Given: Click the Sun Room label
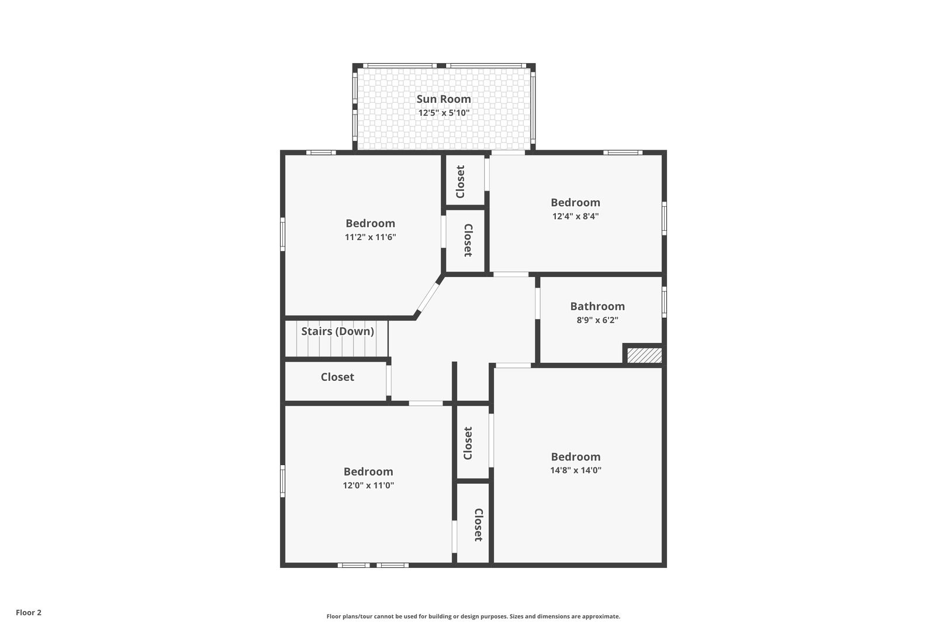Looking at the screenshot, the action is (444, 99).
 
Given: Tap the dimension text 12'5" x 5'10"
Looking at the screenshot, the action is (444, 113).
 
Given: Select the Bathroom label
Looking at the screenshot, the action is (597, 306).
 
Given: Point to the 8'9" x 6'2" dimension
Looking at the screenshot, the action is (597, 320).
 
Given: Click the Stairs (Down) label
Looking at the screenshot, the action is (337, 331).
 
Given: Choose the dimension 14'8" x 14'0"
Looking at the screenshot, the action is (575, 470).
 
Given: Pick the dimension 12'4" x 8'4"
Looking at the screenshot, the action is (575, 216).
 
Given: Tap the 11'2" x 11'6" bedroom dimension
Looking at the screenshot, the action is (370, 237).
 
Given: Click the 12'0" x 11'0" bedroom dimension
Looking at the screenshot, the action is (368, 485).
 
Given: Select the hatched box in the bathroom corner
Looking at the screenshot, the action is (644, 355).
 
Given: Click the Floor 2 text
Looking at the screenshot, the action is (29, 612).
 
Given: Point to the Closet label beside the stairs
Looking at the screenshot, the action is (337, 377).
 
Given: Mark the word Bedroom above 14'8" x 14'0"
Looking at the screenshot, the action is (575, 456).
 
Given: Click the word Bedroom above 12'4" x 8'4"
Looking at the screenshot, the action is (575, 202).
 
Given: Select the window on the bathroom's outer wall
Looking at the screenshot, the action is (664, 301).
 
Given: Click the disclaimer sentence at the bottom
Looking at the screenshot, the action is (473, 616).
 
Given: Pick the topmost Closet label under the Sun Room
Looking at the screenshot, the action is (461, 181).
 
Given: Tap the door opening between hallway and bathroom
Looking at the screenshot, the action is (537, 303).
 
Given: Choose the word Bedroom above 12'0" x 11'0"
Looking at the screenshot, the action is (368, 471).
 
